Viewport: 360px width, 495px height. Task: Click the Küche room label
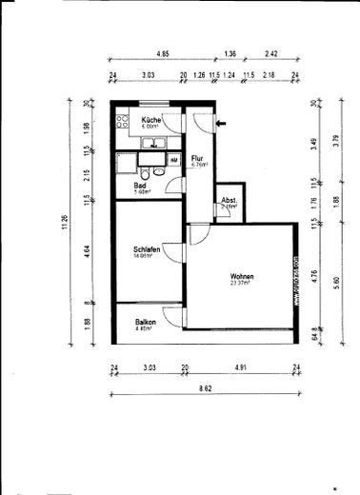click(150, 120)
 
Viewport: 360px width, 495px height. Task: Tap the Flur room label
click(197, 159)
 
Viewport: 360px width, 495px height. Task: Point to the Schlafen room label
click(145, 250)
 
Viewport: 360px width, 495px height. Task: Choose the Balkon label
click(145, 322)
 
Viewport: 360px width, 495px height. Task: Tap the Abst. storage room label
click(229, 200)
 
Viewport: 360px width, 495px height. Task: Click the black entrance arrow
click(222, 122)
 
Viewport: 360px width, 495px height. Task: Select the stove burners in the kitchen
click(121, 121)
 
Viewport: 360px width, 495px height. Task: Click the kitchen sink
click(151, 144)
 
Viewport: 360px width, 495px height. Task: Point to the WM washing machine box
click(173, 161)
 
